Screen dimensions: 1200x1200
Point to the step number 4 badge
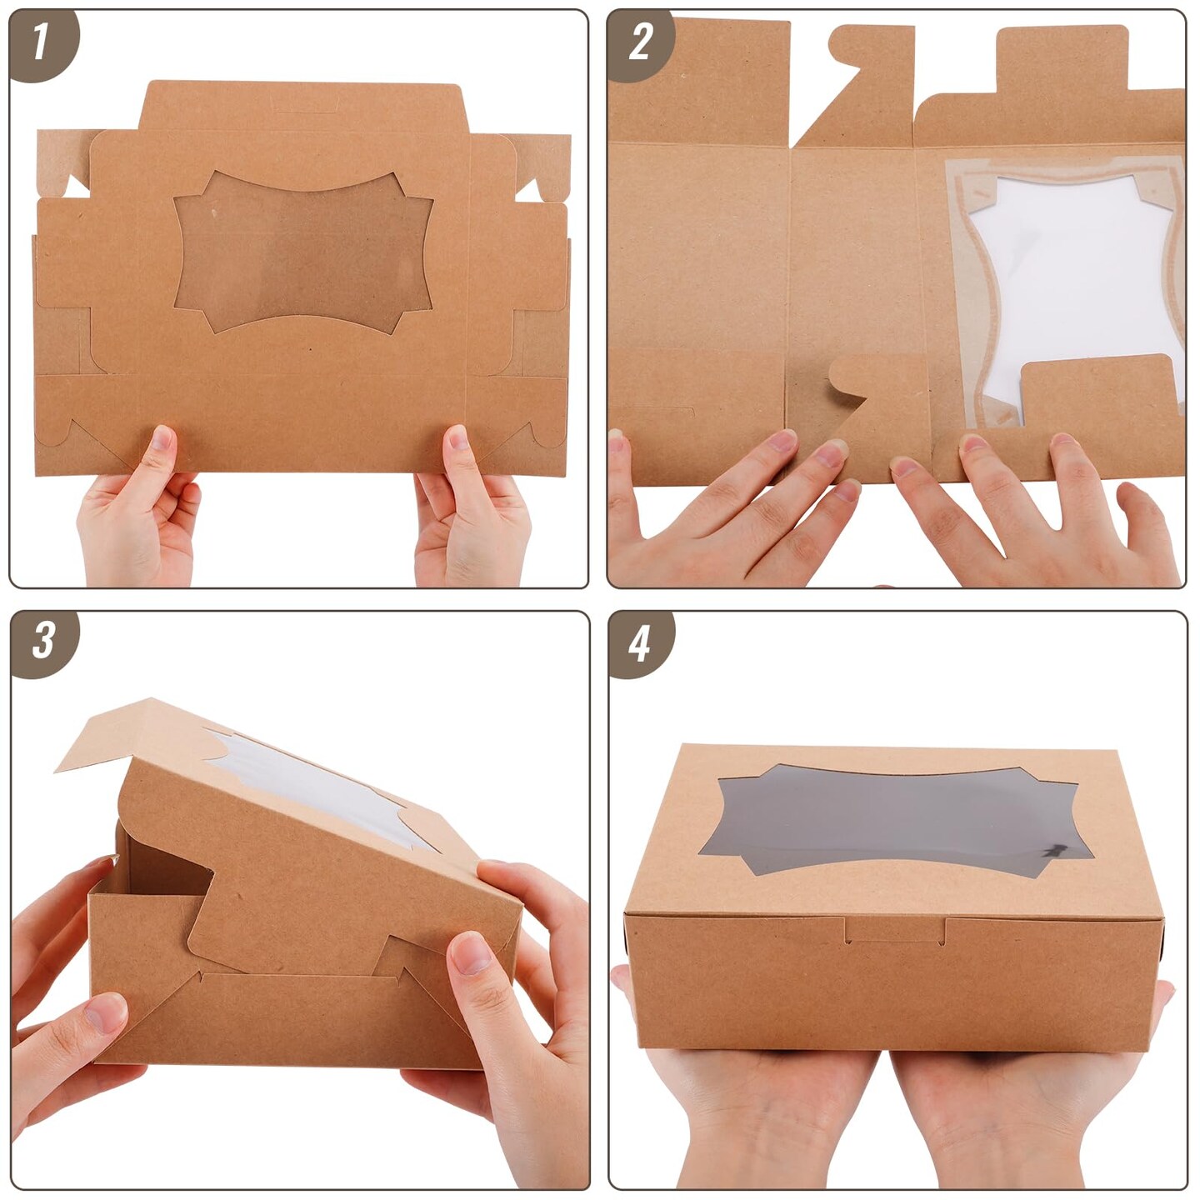click(x=639, y=643)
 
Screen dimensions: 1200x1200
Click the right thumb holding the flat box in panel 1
click(x=457, y=446)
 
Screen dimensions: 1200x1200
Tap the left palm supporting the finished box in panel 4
click(x=750, y=1100)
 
